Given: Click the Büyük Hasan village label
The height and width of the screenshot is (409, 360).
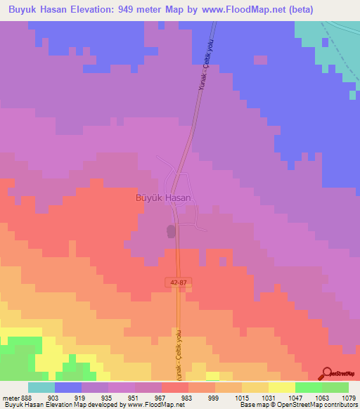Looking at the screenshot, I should pos(162,198).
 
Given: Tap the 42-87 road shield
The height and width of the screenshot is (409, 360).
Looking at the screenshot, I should pos(179,282).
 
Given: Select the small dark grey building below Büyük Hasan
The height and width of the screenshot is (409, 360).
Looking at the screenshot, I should pos(171,231).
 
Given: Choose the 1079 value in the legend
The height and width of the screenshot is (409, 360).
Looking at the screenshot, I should pos(349,398).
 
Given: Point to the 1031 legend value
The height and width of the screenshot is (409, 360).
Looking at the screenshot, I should pos(269,398).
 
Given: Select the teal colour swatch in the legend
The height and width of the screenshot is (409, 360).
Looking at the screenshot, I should pos(41,387).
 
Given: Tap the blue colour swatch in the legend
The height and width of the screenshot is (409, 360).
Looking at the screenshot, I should pos(68,387).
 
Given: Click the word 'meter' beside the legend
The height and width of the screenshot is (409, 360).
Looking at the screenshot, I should pos(10,398).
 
